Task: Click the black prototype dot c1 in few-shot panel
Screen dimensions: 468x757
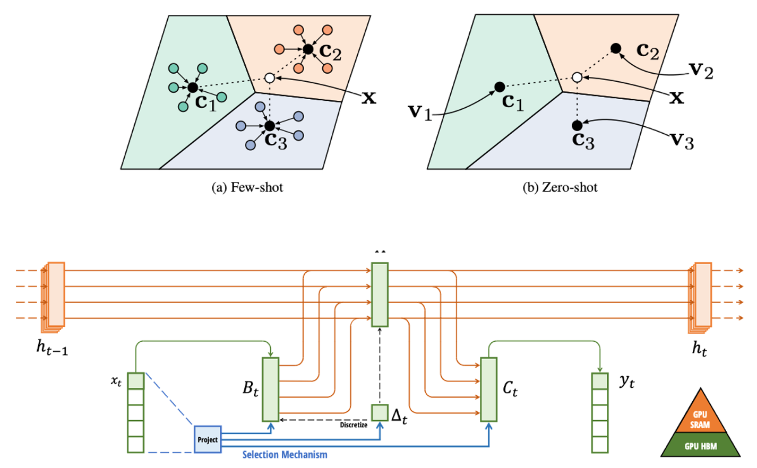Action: pyautogui.click(x=193, y=88)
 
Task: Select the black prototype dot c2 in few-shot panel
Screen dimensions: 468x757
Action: pyautogui.click(x=308, y=49)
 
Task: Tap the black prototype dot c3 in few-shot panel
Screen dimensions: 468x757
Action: pyautogui.click(x=269, y=126)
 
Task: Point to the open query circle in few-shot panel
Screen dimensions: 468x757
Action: pyautogui.click(x=269, y=78)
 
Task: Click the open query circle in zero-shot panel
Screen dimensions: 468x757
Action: pyautogui.click(x=578, y=78)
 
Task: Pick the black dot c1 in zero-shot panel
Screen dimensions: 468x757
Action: pyautogui.click(x=499, y=86)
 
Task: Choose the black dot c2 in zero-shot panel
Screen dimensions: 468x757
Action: pyautogui.click(x=616, y=49)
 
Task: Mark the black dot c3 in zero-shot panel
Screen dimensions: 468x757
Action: pyautogui.click(x=577, y=125)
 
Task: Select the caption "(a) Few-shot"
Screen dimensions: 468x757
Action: pyautogui.click(x=247, y=187)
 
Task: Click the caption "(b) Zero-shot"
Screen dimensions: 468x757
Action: pyautogui.click(x=560, y=187)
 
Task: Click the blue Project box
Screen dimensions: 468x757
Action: pyautogui.click(x=208, y=439)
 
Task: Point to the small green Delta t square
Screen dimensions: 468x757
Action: pyautogui.click(x=380, y=413)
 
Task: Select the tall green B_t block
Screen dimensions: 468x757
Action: pyautogui.click(x=270, y=389)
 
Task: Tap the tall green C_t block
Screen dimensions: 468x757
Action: pyautogui.click(x=488, y=389)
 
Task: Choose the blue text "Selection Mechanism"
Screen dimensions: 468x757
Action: pyautogui.click(x=285, y=454)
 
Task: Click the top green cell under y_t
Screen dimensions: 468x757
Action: pyautogui.click(x=600, y=381)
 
